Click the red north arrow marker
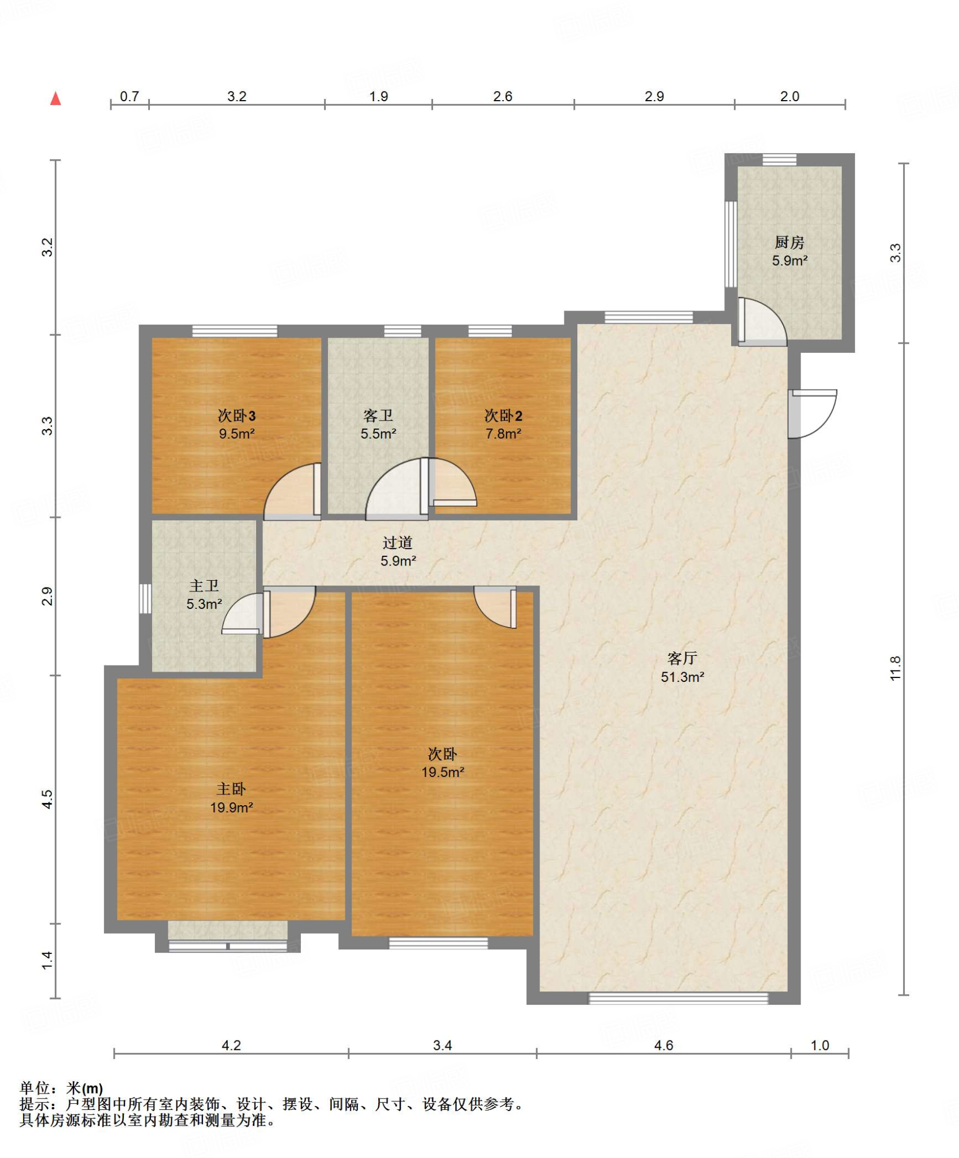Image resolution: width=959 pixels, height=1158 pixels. tap(55, 98)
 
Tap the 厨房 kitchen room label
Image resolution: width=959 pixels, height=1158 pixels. tap(789, 242)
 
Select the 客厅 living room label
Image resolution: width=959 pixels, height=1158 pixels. tap(682, 658)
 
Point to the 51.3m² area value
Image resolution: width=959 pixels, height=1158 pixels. tap(682, 677)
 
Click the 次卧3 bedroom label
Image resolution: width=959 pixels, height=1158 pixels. tap(237, 416)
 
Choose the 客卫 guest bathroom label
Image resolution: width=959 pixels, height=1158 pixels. tap(378, 416)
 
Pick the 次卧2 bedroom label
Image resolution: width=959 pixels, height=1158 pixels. tap(503, 416)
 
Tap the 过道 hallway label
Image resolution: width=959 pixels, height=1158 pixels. tap(398, 543)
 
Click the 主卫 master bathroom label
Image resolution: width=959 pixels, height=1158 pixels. tap(204, 586)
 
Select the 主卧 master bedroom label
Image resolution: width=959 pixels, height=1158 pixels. tap(231, 789)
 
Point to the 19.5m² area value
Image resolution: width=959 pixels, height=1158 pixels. tap(443, 772)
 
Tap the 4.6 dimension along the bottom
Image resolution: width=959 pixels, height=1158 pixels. tap(664, 1045)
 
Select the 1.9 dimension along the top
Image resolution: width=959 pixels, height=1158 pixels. tap(379, 97)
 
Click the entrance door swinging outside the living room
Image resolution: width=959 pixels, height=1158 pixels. tap(813, 413)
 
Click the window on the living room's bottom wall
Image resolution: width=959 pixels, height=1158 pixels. tap(679, 999)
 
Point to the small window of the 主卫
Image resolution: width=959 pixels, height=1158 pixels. tap(145, 599)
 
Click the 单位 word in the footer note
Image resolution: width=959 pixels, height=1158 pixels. tap(35, 1088)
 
